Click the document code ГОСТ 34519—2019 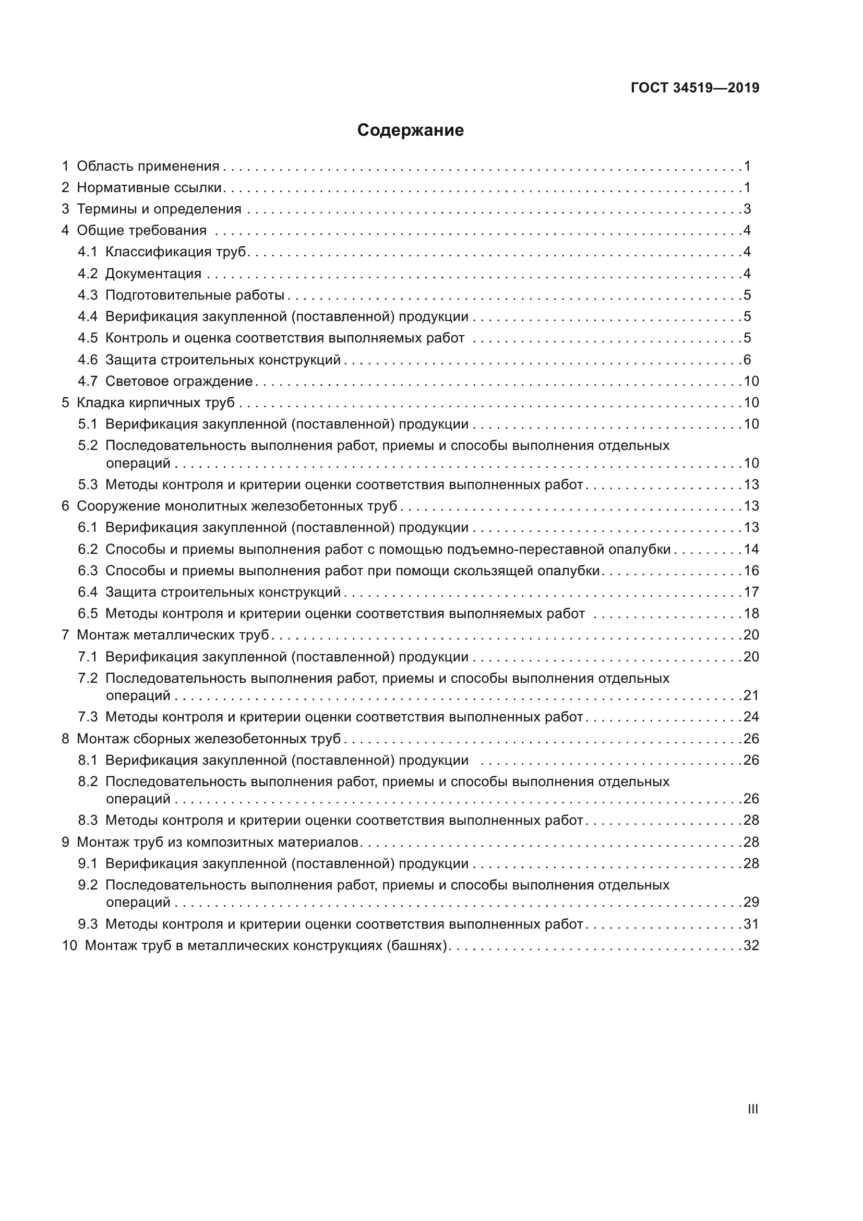(694, 88)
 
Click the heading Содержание (410, 131)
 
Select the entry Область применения (148, 167)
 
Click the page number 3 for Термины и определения (747, 209)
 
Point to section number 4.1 (88, 252)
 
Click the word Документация (153, 274)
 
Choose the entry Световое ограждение (178, 381)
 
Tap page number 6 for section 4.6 (747, 360)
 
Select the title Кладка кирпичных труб (155, 402)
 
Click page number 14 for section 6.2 (751, 549)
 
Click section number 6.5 (88, 614)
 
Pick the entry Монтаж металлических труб (173, 635)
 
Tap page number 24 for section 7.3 (751, 717)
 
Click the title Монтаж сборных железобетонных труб (208, 739)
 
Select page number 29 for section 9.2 (751, 903)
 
